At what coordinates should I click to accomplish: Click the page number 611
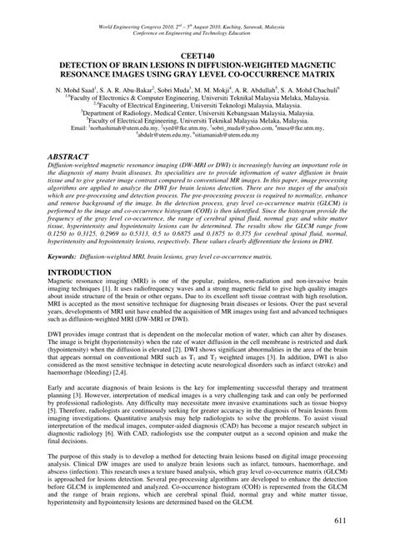(x=364, y=543)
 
